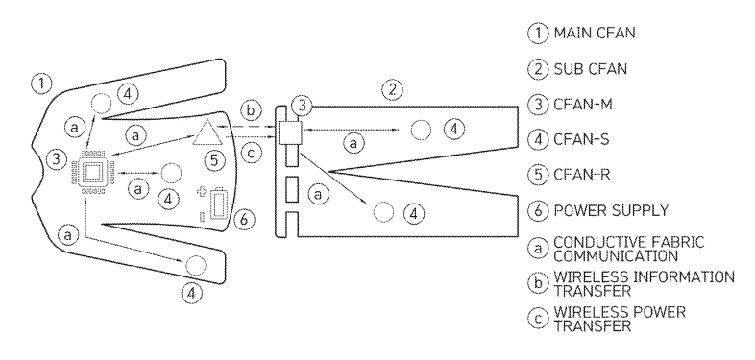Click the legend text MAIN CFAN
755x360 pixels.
click(x=595, y=33)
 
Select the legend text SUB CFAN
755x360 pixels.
click(x=591, y=69)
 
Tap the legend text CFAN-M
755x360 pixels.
click(x=583, y=104)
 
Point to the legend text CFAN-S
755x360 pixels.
click(x=582, y=139)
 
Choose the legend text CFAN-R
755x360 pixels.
click(x=582, y=174)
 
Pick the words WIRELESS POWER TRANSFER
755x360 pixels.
click(x=620, y=319)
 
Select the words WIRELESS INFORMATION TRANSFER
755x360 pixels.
click(x=645, y=283)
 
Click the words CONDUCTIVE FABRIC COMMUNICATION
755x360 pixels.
click(x=629, y=249)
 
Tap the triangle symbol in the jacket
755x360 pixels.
click(x=208, y=132)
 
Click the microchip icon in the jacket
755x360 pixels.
click(x=93, y=172)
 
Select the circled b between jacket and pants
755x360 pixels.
click(x=251, y=111)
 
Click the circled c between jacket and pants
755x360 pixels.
click(x=251, y=154)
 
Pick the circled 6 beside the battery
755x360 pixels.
click(x=244, y=219)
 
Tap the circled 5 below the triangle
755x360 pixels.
click(x=215, y=159)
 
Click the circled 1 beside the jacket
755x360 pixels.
click(x=42, y=84)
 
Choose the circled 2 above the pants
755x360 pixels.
click(x=393, y=89)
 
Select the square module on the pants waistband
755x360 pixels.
click(x=290, y=132)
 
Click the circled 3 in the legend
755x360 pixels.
click(x=538, y=105)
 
